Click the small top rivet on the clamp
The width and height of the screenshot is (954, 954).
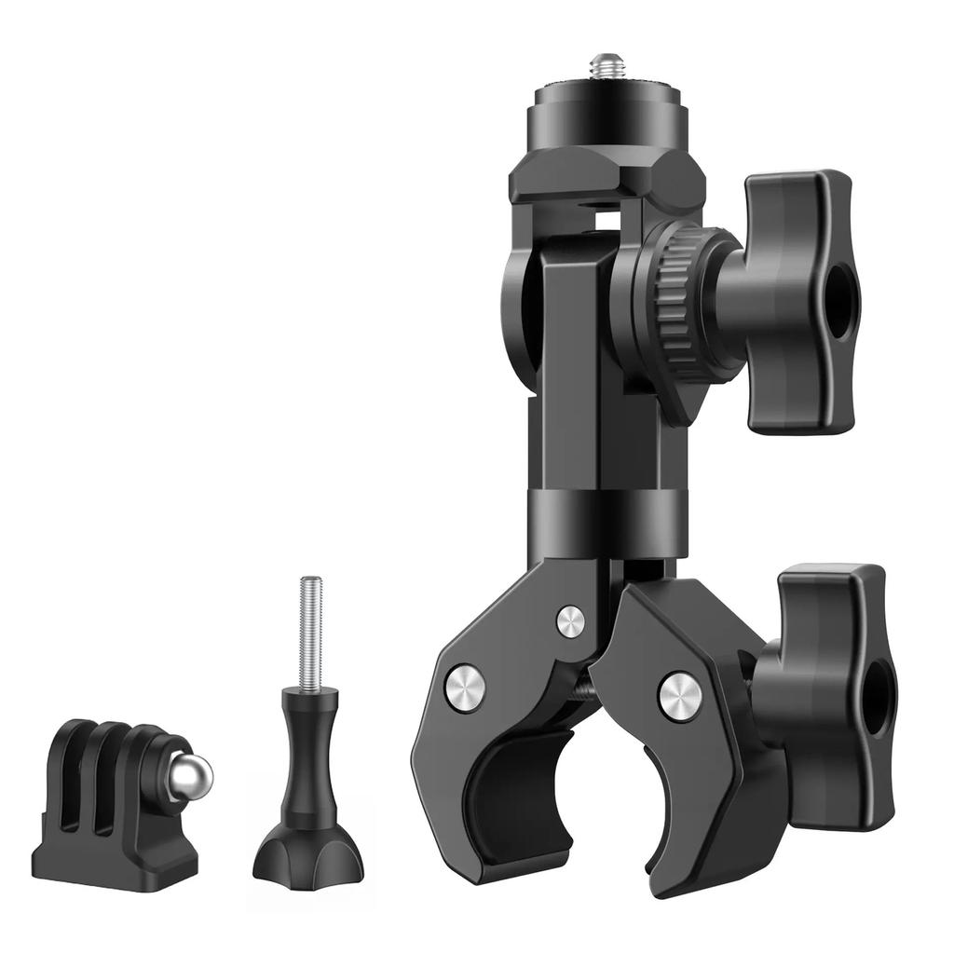570,620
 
